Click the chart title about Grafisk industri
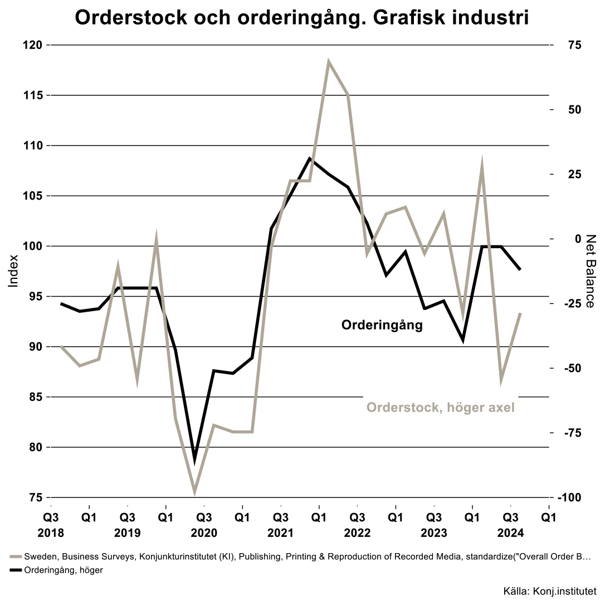(x=301, y=18)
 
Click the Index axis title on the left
(x=14, y=271)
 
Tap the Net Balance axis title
(x=591, y=271)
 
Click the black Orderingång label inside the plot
(x=382, y=326)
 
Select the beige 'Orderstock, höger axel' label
(x=440, y=408)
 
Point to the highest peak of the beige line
(x=329, y=61)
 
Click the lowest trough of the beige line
(x=195, y=493)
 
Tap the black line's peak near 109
(x=310, y=158)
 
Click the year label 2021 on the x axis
(x=280, y=533)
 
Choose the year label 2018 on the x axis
(x=51, y=533)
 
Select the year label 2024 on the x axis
(x=510, y=533)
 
